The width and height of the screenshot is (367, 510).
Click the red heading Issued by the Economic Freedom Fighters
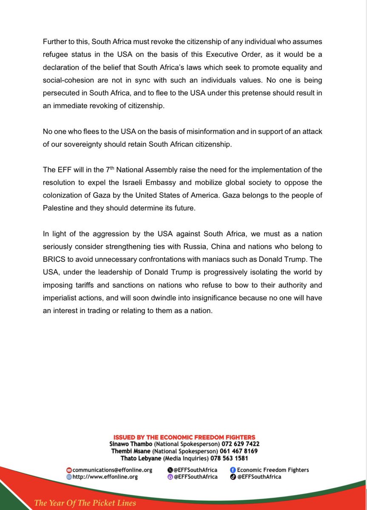pos(184,437)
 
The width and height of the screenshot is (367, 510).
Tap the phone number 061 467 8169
pos(238,451)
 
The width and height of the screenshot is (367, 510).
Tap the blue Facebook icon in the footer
pos(233,470)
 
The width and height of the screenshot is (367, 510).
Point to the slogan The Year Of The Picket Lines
pos(85,503)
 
